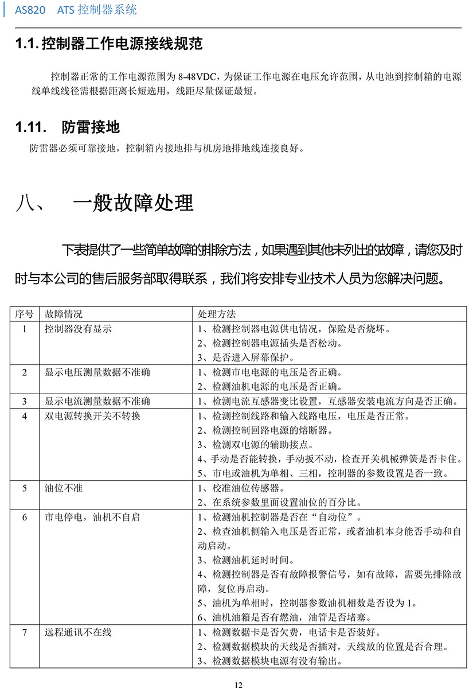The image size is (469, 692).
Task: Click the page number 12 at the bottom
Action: (239, 684)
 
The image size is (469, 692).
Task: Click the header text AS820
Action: (33, 10)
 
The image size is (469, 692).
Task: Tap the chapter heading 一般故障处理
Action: (133, 203)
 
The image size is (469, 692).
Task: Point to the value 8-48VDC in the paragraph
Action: (198, 76)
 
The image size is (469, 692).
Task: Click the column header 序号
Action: (24, 314)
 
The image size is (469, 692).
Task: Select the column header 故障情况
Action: (64, 314)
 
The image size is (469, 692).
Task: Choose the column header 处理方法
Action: (216, 314)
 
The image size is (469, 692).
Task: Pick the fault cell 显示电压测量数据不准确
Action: (97, 372)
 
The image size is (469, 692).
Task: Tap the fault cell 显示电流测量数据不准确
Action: (97, 401)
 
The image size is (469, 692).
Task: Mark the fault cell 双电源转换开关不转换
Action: (92, 416)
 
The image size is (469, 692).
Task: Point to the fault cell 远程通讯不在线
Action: (78, 632)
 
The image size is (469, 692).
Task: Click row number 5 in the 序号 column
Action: (24, 488)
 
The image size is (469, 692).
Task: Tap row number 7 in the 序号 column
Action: (24, 632)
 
